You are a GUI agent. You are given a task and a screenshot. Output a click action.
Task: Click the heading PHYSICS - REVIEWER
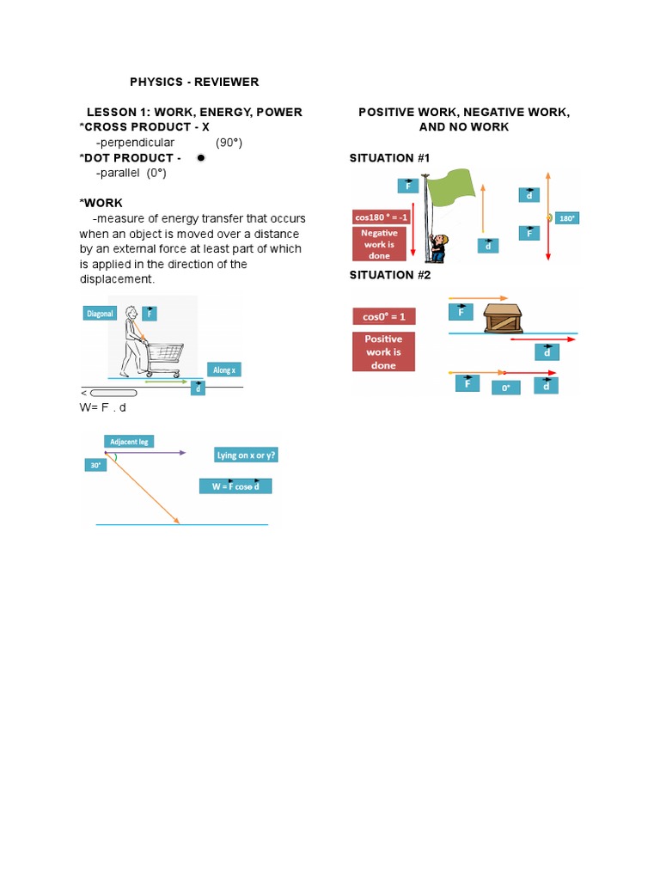194,82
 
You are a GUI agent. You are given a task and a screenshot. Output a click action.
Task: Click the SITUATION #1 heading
389,158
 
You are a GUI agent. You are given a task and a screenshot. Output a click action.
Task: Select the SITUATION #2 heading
389,275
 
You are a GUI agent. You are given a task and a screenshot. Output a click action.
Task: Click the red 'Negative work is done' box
379,243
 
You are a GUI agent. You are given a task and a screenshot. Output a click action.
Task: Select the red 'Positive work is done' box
383,351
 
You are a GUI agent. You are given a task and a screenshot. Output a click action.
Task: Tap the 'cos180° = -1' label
382,217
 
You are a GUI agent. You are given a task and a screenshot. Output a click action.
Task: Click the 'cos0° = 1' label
383,316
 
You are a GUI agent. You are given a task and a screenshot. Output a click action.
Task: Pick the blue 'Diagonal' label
100,314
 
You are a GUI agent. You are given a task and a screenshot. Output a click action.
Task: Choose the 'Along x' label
223,370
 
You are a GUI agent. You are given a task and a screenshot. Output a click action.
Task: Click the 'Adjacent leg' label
129,442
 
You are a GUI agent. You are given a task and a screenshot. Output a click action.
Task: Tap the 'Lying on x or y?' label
247,455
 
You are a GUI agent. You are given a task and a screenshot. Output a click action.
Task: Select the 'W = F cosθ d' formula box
235,486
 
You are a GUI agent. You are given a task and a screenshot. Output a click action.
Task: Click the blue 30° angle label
94,465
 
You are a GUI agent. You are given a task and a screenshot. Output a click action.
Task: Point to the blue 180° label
567,218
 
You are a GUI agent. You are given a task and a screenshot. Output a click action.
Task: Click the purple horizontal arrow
146,452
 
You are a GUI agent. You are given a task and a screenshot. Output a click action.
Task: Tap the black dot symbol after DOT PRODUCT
200,158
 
